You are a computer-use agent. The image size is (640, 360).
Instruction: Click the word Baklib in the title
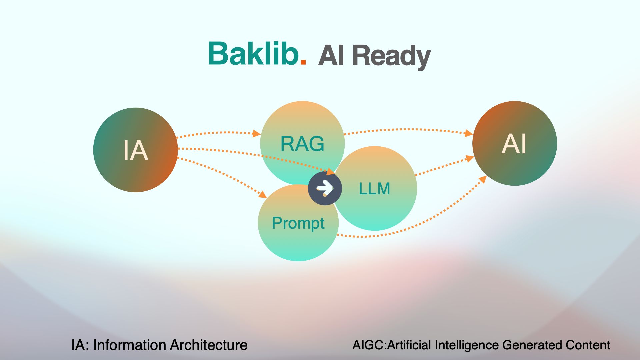253,54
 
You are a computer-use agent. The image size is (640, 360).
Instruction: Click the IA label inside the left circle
135,151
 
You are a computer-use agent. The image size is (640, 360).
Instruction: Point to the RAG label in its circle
302,144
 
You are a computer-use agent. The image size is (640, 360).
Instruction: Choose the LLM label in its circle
374,189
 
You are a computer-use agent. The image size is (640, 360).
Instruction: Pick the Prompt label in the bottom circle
298,223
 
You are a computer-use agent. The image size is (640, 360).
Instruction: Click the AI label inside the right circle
514,144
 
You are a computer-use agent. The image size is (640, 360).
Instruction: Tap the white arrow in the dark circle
325,188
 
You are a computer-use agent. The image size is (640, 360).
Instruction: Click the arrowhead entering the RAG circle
256,134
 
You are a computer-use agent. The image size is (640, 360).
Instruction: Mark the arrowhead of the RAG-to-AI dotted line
469,133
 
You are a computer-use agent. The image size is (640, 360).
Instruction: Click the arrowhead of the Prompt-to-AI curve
482,180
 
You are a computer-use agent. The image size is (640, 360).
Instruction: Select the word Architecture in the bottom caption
209,345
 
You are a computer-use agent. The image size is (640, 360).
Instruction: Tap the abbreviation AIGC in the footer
368,345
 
